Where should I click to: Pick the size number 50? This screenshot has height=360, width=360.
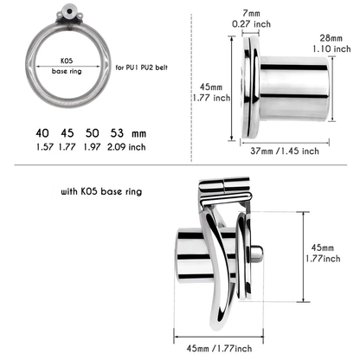point(92,135)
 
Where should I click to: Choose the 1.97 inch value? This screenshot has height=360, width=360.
point(92,149)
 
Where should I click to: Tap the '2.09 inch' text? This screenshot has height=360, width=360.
point(125,149)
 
